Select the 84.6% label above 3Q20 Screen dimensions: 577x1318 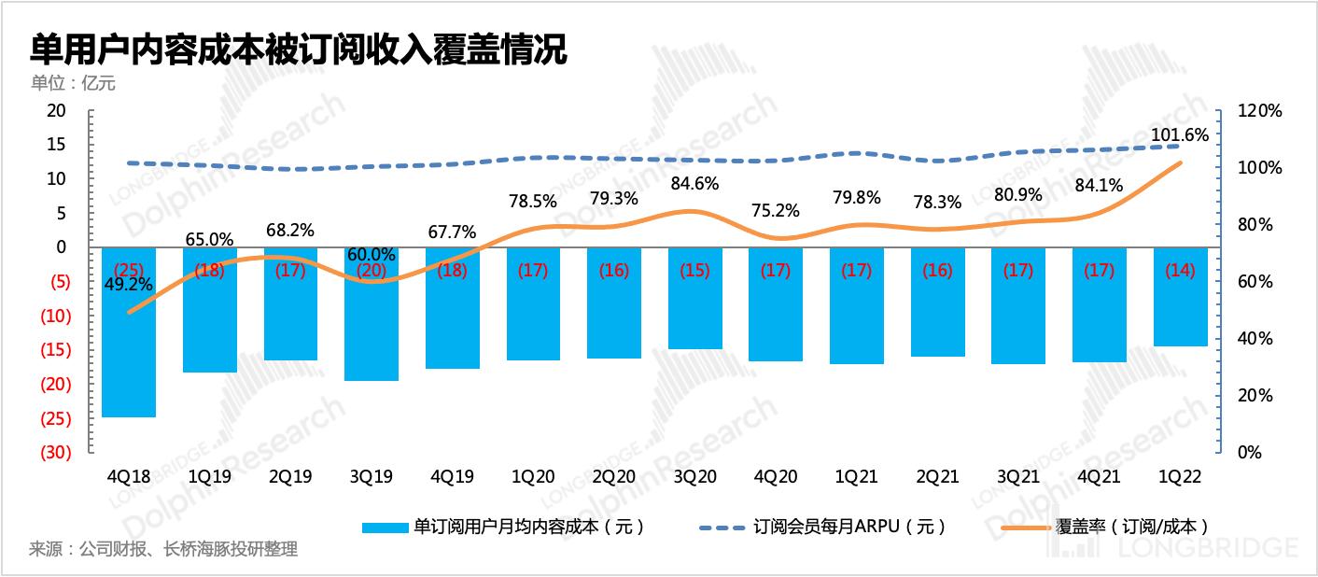tap(694, 183)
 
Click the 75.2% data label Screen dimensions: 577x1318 tap(776, 210)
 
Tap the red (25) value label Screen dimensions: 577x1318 tap(129, 271)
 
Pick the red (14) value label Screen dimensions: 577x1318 tap(1180, 271)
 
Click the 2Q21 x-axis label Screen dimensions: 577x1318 tap(937, 476)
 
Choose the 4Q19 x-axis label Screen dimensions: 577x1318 tap(452, 476)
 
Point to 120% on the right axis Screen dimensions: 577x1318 tap(1259, 111)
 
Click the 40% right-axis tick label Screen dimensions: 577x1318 tap(1255, 339)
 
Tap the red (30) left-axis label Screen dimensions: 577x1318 tap(56, 453)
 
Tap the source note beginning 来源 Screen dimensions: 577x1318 tap(163, 549)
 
